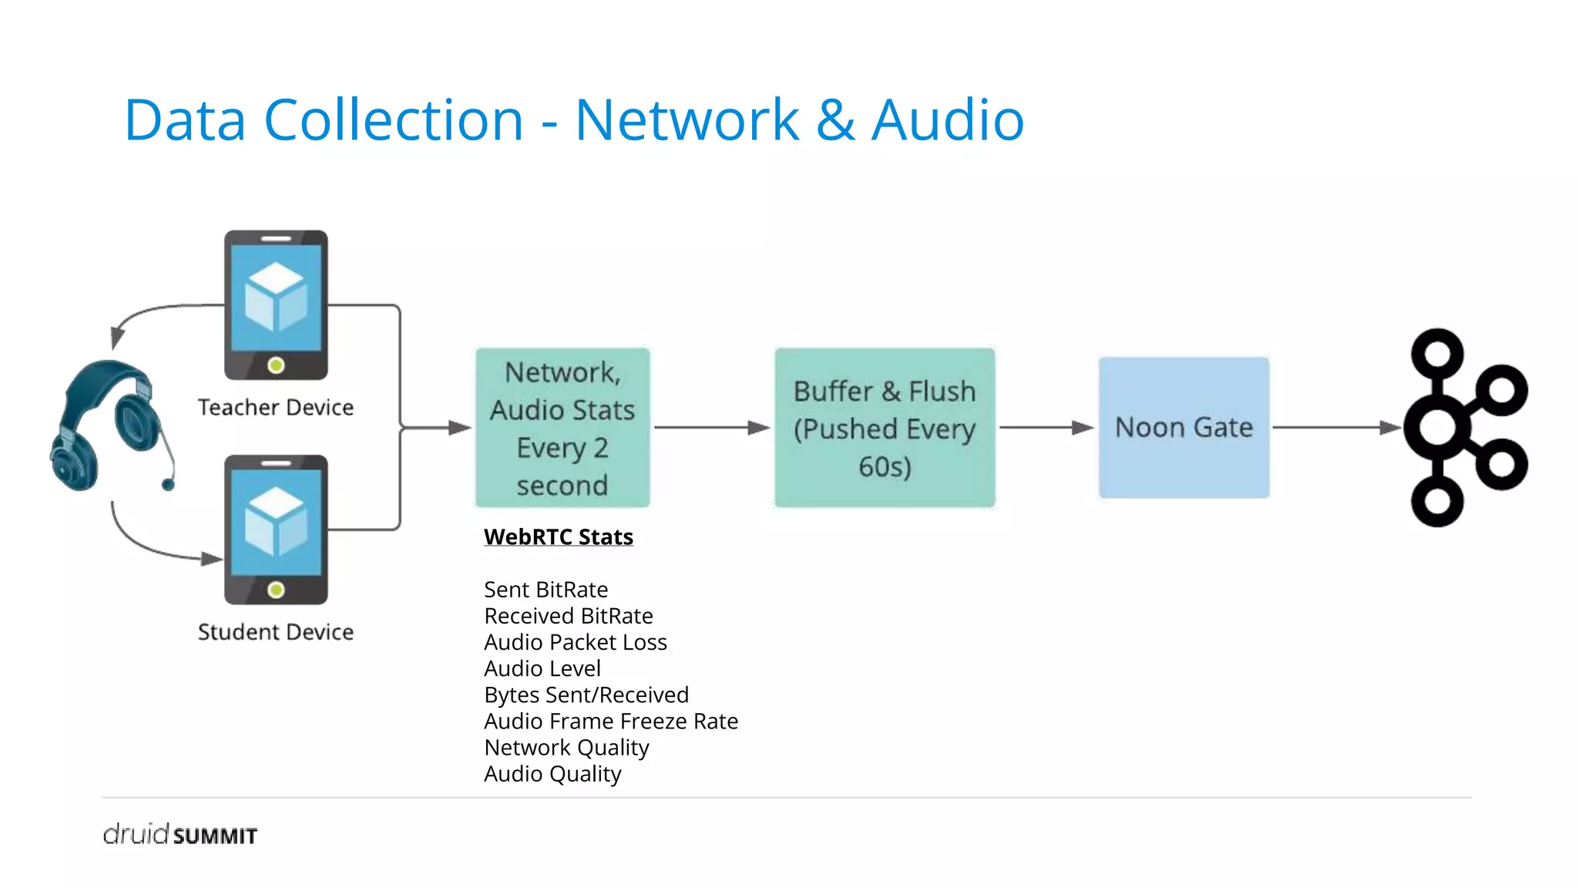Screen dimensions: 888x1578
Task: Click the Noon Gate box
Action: tap(1183, 427)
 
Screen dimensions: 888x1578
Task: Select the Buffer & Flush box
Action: tap(885, 428)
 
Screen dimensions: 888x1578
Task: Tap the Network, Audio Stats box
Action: tap(562, 428)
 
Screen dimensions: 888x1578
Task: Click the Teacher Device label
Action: tap(276, 407)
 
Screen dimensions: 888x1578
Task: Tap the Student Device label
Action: tap(276, 632)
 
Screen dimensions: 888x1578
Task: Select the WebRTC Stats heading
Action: tap(559, 536)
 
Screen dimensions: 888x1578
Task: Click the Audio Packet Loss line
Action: tap(575, 642)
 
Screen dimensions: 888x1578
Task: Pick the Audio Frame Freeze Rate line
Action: tap(611, 721)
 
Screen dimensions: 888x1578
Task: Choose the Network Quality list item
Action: tap(566, 748)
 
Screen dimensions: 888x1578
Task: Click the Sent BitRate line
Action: tap(546, 590)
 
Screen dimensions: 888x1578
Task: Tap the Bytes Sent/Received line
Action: tap(586, 695)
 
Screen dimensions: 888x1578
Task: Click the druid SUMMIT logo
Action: tap(180, 835)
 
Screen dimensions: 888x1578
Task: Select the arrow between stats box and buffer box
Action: tap(711, 427)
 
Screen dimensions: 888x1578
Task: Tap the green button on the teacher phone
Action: tap(276, 365)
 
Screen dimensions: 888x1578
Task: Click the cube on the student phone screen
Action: tap(276, 523)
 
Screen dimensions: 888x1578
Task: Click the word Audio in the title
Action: tap(948, 120)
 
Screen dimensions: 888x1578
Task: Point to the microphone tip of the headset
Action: tap(168, 484)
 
